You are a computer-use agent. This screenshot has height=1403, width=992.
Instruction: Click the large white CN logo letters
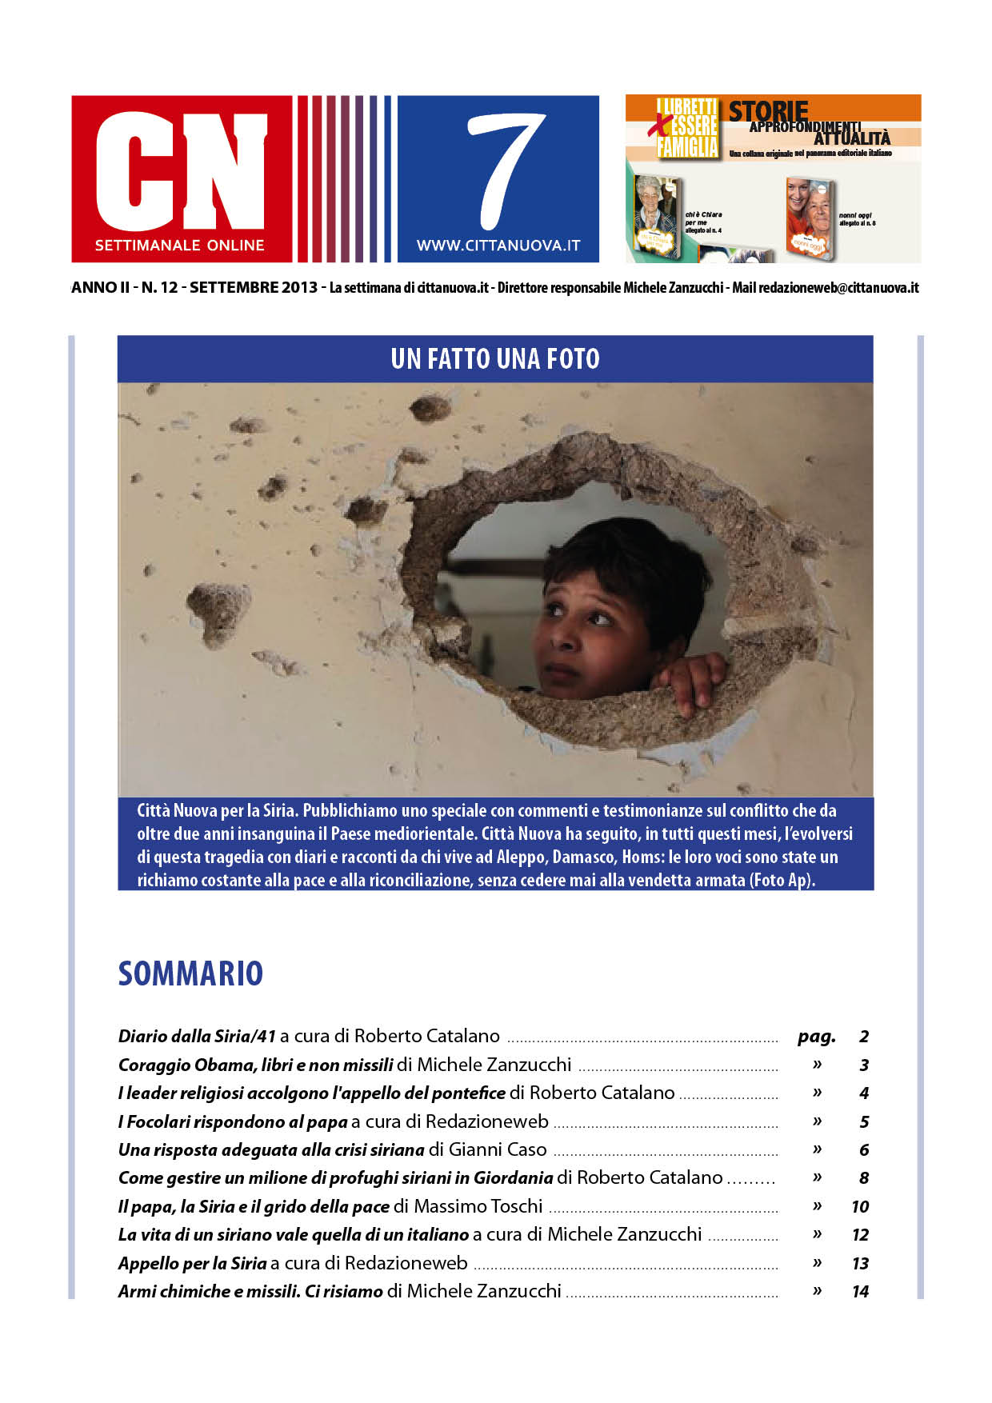[181, 170]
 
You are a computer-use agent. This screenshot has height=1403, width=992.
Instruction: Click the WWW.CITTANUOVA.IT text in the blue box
[498, 246]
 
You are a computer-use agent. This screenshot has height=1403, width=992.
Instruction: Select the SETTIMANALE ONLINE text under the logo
[180, 246]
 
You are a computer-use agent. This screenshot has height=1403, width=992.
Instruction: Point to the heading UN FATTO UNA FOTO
[495, 359]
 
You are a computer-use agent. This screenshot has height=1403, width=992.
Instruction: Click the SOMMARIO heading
[190, 973]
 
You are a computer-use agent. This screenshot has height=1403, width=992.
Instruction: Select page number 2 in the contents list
[864, 1037]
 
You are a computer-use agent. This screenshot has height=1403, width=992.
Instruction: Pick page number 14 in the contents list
[860, 1291]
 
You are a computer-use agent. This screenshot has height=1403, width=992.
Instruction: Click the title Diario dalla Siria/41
[197, 1037]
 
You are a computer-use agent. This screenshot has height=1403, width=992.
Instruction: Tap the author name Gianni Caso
[498, 1150]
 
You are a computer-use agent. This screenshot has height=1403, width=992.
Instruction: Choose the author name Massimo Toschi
[478, 1206]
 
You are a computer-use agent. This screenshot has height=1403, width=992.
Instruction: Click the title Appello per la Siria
[192, 1264]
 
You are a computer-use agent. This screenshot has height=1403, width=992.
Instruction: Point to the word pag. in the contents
[816, 1037]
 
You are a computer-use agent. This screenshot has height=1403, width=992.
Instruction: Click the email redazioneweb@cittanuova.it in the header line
[838, 288]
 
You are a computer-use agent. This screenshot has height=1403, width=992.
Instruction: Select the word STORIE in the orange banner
[768, 110]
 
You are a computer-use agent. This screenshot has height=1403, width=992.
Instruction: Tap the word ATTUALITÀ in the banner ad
[852, 138]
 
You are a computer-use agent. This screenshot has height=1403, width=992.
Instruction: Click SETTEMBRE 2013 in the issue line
[254, 288]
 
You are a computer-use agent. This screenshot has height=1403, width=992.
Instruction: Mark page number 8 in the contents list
[864, 1178]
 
